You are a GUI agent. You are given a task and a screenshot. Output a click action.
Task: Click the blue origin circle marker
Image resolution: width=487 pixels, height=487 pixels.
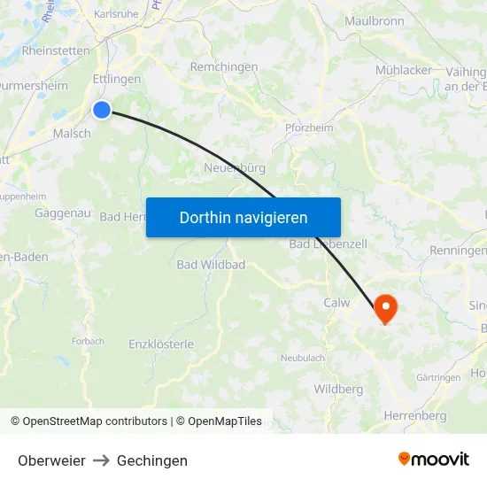point(102,110)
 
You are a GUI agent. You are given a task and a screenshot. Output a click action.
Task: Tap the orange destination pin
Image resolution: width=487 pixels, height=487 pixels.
point(386,307)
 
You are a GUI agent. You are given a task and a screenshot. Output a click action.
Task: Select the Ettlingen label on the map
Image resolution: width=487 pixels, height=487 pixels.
point(116,80)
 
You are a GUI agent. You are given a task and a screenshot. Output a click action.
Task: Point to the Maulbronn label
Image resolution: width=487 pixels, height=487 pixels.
point(374,20)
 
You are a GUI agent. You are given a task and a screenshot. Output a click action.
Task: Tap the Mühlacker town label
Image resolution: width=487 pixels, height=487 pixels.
point(404,70)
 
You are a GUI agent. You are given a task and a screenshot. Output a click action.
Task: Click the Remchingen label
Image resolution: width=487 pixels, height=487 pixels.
point(224,67)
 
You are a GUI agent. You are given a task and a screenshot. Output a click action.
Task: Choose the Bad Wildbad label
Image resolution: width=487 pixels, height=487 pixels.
point(211,264)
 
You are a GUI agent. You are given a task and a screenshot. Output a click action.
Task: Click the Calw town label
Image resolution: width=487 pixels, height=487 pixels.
point(336,303)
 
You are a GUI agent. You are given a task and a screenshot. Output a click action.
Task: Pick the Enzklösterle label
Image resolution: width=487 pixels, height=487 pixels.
point(161,344)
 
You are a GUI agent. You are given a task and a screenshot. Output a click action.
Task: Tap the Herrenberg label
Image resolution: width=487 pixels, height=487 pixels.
point(415,415)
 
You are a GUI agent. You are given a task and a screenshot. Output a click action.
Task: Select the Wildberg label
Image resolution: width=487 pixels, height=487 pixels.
point(338,390)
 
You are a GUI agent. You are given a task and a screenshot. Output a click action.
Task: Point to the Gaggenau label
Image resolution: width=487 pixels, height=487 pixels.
point(62,213)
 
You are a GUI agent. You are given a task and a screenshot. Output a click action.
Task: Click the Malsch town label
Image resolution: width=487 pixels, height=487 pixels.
point(72,133)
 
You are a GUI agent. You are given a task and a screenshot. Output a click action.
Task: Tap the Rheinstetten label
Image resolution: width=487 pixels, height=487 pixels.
point(56,50)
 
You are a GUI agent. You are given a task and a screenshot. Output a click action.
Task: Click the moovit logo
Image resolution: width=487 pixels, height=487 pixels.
point(433,460)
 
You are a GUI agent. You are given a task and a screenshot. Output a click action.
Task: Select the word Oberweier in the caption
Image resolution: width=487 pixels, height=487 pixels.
point(51,460)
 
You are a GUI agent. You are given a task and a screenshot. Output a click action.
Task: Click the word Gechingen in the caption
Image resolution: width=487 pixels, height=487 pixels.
point(152,460)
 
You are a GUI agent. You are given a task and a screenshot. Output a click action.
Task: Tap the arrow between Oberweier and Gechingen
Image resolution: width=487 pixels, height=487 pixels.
point(101,460)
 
